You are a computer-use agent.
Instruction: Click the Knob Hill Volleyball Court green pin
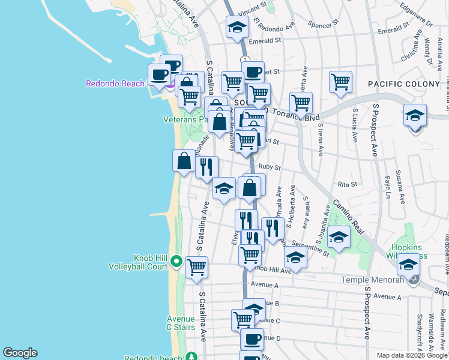[x=176, y=261]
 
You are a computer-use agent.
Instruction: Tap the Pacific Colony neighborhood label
[x=403, y=84]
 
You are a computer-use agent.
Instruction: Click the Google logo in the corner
[x=20, y=353]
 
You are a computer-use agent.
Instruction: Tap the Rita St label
[x=348, y=184]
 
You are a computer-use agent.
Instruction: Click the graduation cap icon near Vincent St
[x=237, y=27]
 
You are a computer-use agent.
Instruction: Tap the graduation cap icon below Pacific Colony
[x=415, y=115]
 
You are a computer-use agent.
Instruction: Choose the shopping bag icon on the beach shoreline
[x=184, y=161]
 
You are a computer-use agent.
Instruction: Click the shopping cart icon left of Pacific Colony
[x=340, y=82]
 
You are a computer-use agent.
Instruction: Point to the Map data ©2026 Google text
[x=411, y=355]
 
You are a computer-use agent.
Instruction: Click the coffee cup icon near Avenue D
[x=252, y=339]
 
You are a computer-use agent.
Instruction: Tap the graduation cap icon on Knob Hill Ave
[x=295, y=257]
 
